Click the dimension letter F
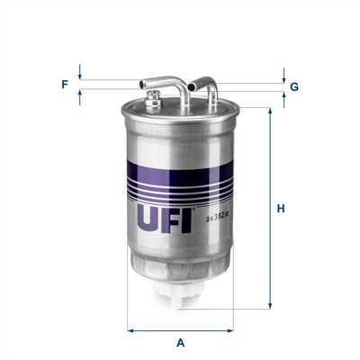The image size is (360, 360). pos(65,85)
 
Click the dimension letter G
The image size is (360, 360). pos(294,86)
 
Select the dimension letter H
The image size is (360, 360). pos(281,209)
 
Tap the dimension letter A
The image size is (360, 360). pos(180,342)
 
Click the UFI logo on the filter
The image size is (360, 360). pos(166,218)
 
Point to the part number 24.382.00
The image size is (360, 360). pos(217,217)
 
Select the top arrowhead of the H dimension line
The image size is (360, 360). pos(270,112)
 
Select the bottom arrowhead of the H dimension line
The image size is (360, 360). pos(270,305)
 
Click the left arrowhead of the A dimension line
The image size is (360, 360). pos(130,329)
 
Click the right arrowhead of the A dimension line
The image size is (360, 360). pos(231,329)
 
